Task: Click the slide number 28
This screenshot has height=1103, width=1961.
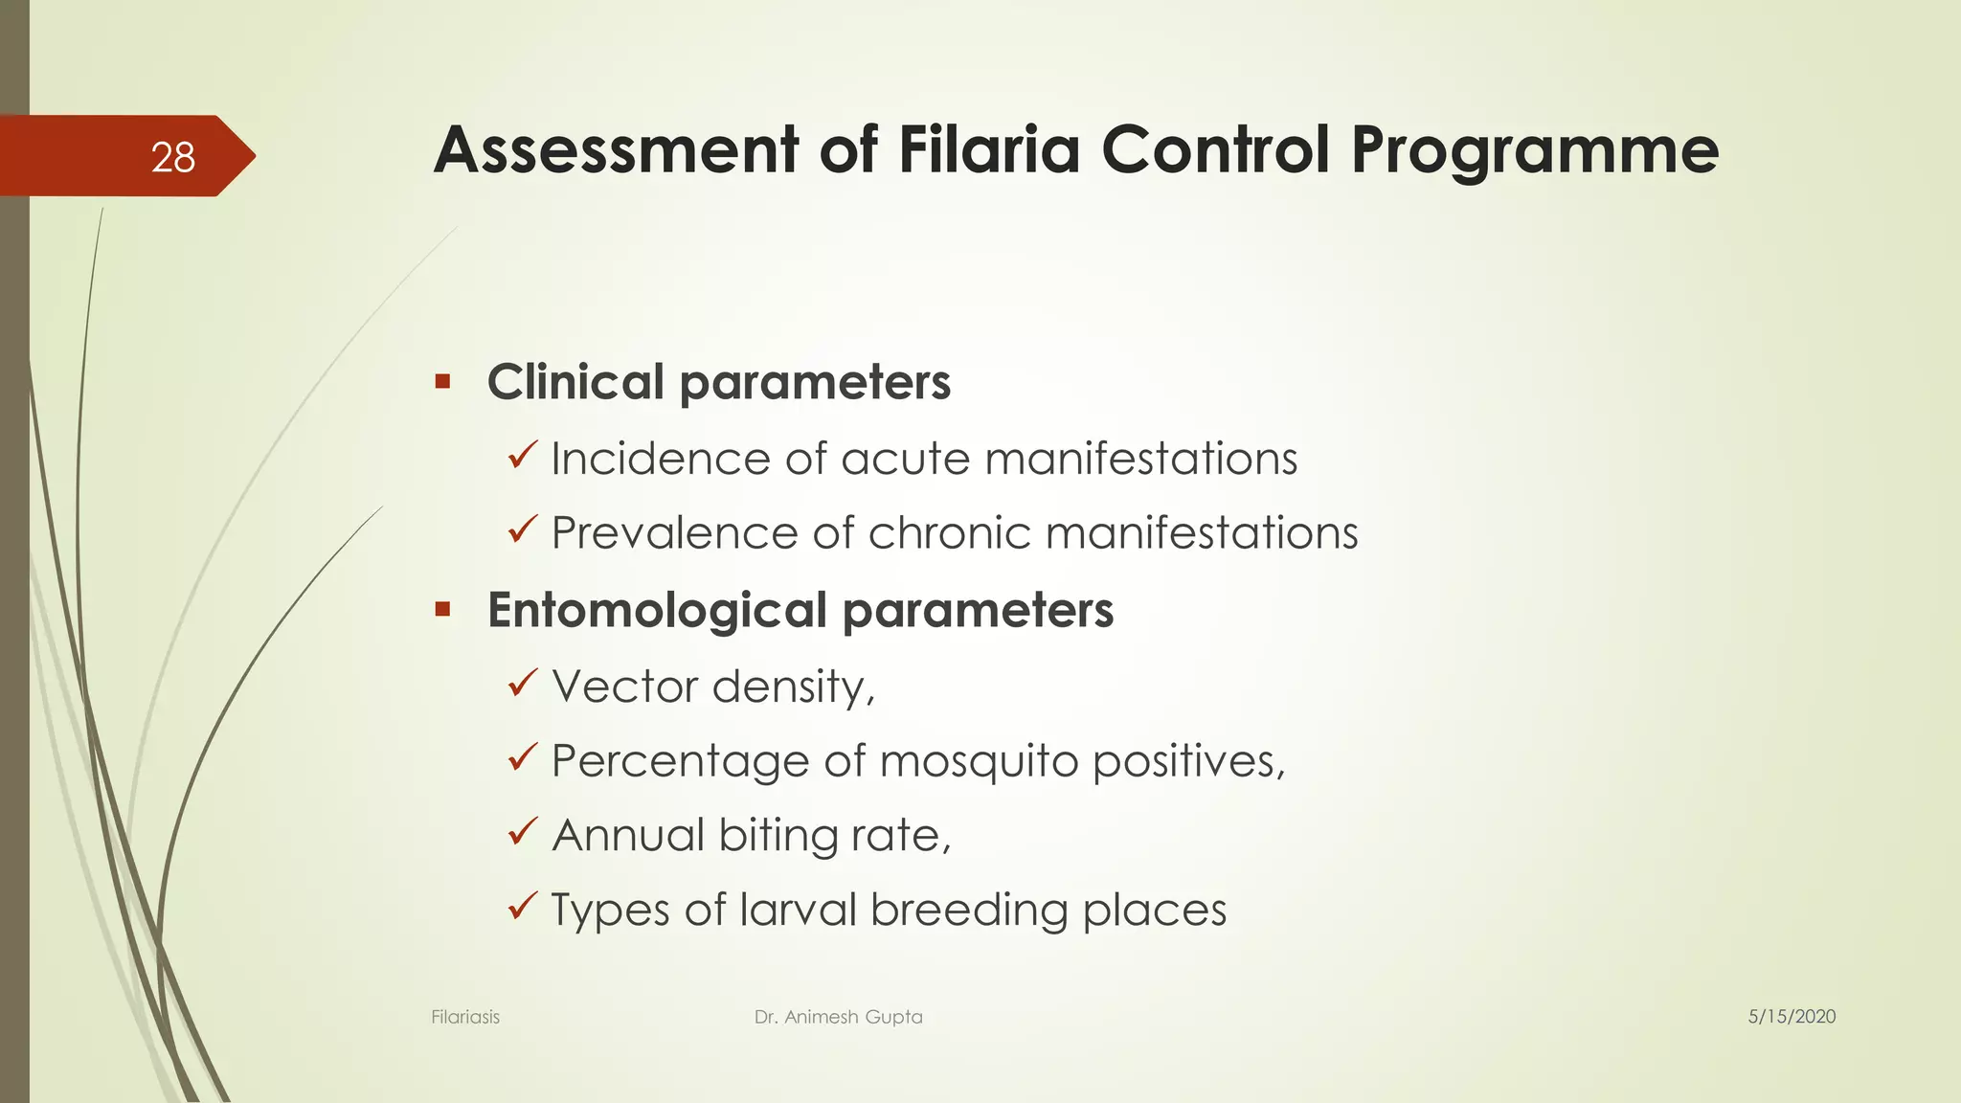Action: point(173,157)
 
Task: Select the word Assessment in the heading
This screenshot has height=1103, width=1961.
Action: point(615,150)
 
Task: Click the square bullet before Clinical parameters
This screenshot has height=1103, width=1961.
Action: point(442,382)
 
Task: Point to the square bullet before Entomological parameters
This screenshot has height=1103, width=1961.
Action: point(442,609)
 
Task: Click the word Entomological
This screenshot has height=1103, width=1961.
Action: point(657,611)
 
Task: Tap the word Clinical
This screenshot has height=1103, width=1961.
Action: point(575,382)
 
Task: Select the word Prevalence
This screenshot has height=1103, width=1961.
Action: point(675,532)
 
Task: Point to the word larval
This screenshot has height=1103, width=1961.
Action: point(798,910)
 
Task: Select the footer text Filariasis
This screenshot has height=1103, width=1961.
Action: point(465,1017)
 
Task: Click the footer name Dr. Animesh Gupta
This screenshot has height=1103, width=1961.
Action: point(838,1017)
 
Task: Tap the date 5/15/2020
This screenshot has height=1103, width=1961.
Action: point(1792,1017)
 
